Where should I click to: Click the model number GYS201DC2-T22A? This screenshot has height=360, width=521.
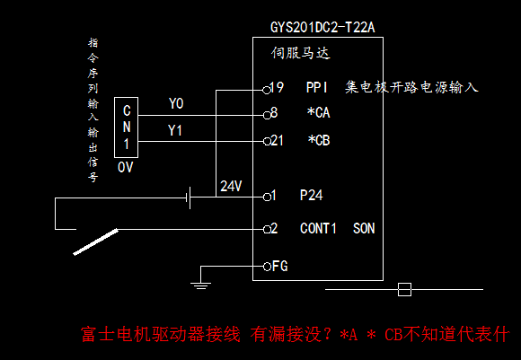coord(322,27)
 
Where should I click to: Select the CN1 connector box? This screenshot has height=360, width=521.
coord(126,98)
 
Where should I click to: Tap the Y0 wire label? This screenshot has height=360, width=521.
coord(176,103)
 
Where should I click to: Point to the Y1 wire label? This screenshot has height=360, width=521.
coord(175,130)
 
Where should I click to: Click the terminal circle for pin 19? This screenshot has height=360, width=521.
coord(267,90)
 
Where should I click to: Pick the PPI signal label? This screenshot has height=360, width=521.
coord(317,87)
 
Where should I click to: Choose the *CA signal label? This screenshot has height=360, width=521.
coord(318,112)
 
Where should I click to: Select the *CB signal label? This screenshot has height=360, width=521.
coord(319,140)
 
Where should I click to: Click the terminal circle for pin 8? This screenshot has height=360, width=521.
coord(267,116)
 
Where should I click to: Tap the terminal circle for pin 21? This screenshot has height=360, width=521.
coord(267,142)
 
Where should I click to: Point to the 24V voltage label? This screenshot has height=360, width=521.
coord(231,186)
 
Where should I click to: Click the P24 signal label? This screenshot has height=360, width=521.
coord(312,196)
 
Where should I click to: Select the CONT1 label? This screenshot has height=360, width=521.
coord(318,228)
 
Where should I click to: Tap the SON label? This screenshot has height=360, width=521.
coord(364,228)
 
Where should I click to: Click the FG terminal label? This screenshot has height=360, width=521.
coord(279,266)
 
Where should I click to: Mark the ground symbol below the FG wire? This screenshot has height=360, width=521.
coord(200,285)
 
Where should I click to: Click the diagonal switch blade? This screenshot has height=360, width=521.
coord(96,241)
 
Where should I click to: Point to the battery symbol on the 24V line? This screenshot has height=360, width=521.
coord(190,198)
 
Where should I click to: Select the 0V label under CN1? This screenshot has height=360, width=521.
coord(125,167)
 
